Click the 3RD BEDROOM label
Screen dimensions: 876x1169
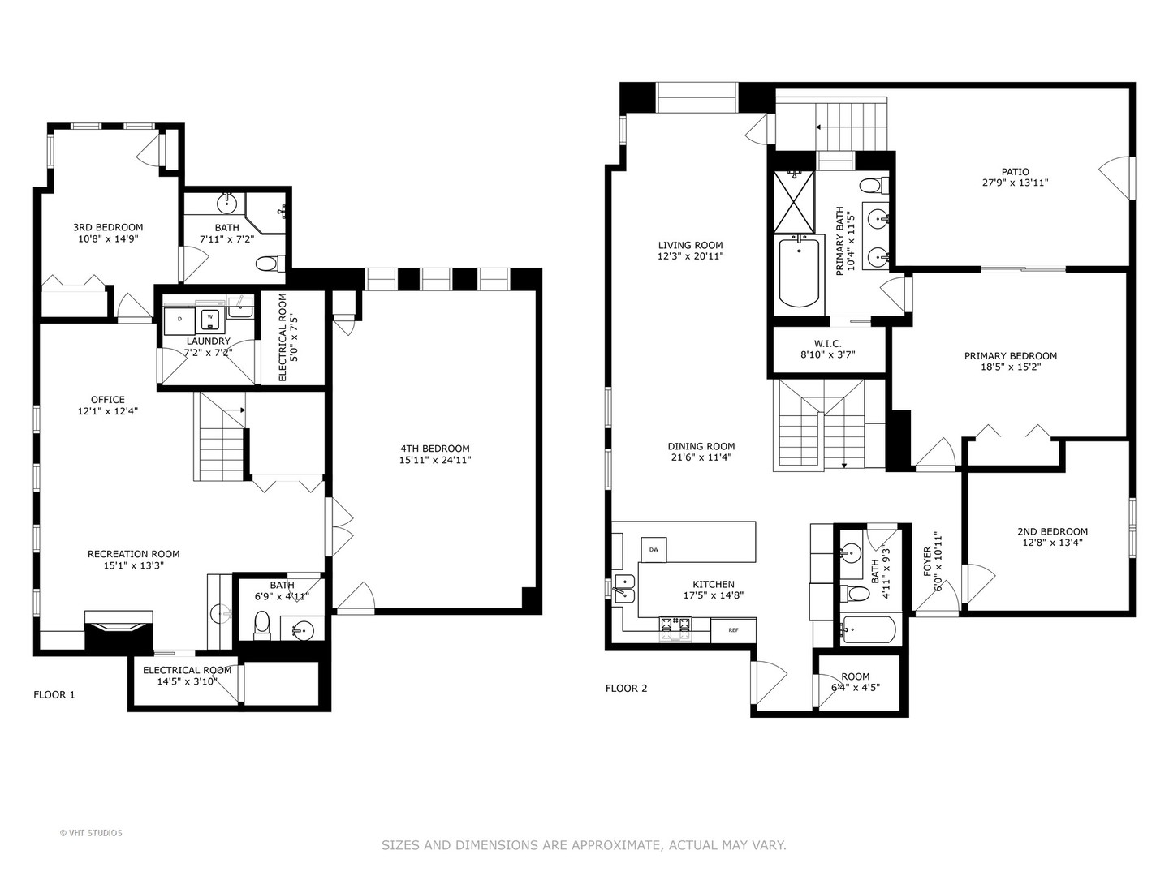click(x=108, y=227)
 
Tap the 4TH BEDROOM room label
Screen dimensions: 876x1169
click(x=434, y=449)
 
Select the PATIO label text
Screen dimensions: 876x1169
click(x=1015, y=171)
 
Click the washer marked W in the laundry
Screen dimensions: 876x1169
click(x=209, y=317)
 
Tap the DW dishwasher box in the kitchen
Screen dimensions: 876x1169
click(x=653, y=549)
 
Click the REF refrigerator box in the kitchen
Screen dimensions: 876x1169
click(x=732, y=630)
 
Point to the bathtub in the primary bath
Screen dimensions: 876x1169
click(x=799, y=271)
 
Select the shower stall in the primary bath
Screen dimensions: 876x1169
click(x=792, y=200)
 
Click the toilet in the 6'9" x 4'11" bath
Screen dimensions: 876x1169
click(x=262, y=624)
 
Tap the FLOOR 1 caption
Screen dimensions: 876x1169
click(x=54, y=694)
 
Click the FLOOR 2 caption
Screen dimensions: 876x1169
click(x=626, y=689)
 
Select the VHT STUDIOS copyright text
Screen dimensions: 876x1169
click(x=91, y=833)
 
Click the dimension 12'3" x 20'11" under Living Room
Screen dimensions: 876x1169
click(x=690, y=256)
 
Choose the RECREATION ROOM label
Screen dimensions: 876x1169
click(x=133, y=554)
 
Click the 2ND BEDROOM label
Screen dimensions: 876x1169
click(x=1052, y=532)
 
